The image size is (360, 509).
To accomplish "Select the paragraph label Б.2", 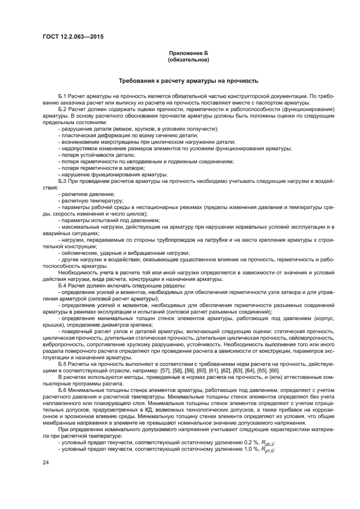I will pos(61,109).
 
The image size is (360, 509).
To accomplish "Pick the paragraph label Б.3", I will pos(61,180).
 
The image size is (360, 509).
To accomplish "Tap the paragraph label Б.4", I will pos(61,285).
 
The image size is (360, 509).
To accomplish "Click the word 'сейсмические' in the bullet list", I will pos(78,253).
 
